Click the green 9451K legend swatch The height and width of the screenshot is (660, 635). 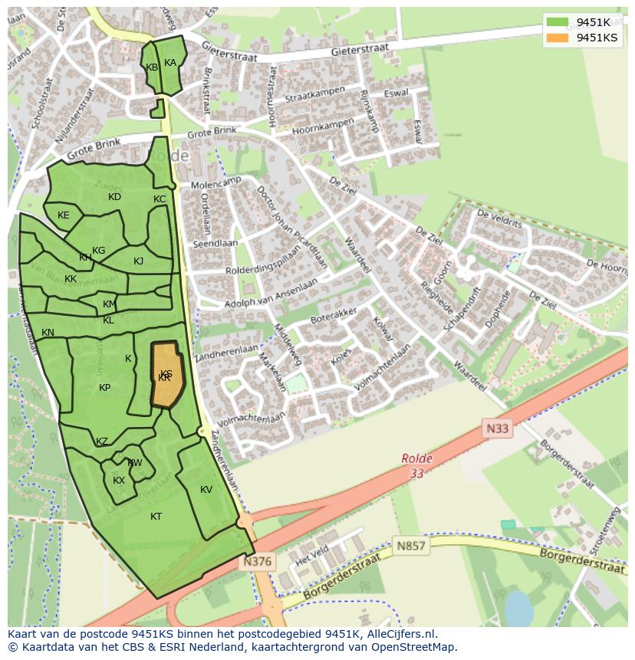558,22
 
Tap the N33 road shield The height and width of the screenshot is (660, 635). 496,429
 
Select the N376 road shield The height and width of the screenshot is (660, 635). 257,562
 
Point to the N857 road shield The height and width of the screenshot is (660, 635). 411,546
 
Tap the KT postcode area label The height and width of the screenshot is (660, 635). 156,517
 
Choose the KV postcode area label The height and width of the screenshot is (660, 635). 206,490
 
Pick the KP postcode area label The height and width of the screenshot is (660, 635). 105,388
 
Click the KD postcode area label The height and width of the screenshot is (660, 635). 114,197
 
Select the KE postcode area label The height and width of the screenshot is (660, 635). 64,215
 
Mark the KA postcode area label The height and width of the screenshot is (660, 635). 170,63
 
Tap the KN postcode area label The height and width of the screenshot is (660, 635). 48,333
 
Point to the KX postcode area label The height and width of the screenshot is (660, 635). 119,481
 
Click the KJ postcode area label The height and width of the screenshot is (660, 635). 139,261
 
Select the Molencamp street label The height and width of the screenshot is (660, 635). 216,184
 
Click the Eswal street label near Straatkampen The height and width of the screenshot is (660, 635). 396,94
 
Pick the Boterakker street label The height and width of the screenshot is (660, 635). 334,314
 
